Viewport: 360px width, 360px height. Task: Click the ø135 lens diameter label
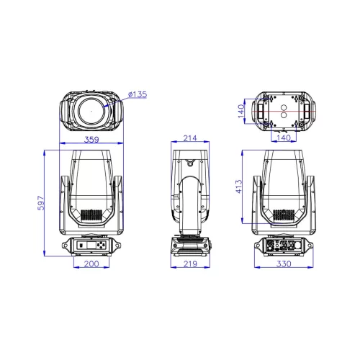click(138, 94)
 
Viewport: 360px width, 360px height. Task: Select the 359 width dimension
click(91, 140)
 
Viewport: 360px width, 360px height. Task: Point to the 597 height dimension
click(41, 203)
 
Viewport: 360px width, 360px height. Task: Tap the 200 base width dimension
click(91, 264)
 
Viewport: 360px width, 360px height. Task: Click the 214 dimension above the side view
click(190, 138)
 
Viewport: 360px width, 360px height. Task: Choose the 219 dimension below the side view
click(190, 264)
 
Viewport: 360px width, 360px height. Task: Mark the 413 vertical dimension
click(239, 186)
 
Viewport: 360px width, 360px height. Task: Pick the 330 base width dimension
click(284, 264)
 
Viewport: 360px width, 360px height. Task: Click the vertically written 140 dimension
click(241, 111)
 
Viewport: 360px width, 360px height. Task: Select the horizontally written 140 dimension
click(284, 138)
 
